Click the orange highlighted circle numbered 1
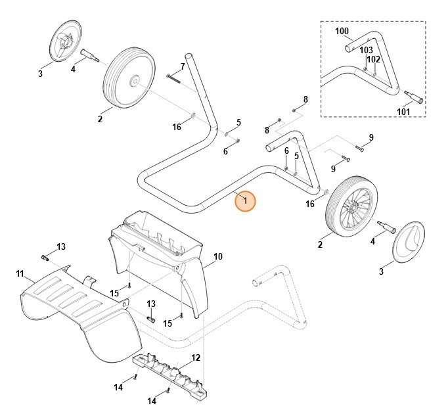244,201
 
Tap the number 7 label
183,66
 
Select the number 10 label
218,256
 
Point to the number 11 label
20,273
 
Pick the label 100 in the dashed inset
342,31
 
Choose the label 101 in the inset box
403,112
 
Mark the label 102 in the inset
374,59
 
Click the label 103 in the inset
366,50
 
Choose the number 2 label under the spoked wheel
320,244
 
